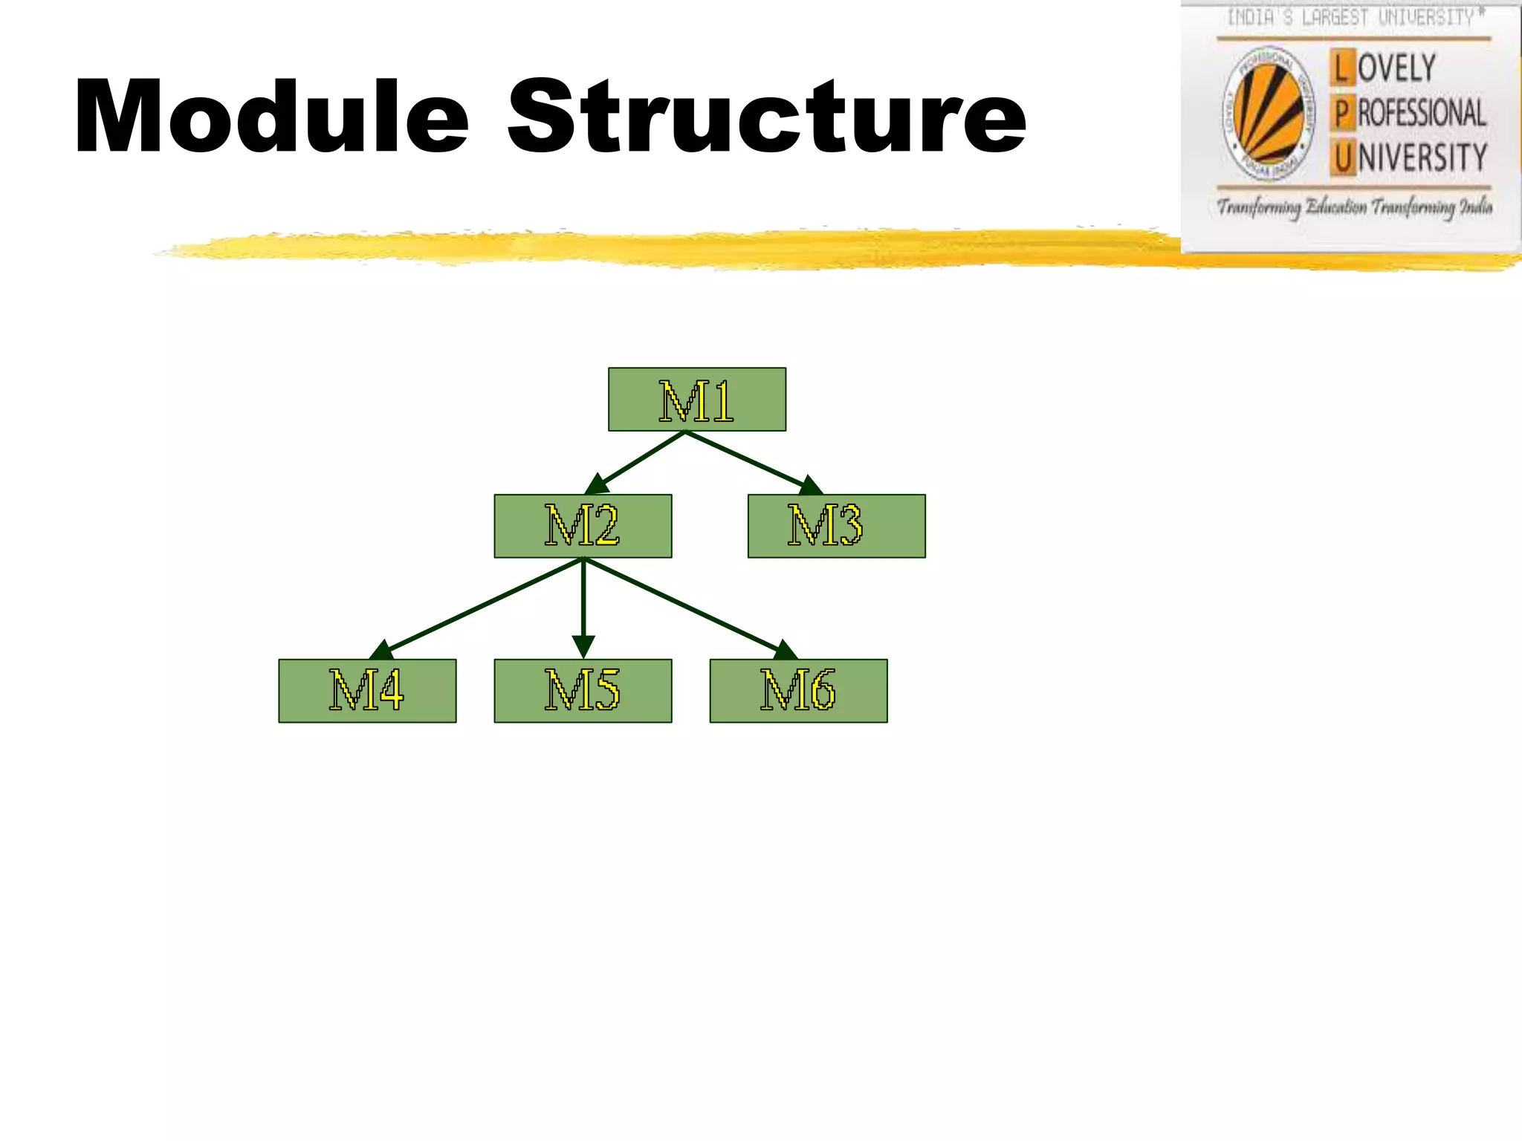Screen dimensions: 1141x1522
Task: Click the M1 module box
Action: pos(697,400)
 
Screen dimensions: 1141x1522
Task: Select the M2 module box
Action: pos(583,526)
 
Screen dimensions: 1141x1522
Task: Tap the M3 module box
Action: pos(836,526)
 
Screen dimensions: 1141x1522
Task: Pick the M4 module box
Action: pos(367,691)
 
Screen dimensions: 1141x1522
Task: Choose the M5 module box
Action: pos(583,691)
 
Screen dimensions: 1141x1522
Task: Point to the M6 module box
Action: pos(798,691)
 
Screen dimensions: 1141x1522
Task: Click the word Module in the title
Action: pos(272,117)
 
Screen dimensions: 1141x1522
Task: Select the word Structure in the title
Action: pos(766,117)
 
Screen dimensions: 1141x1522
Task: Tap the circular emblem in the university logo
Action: pos(1268,114)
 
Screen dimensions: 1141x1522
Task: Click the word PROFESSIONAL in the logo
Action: pos(1421,114)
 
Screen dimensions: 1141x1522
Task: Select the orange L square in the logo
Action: pos(1341,68)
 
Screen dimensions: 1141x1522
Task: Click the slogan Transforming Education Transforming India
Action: pos(1354,207)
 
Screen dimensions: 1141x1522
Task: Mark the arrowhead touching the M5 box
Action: pos(583,646)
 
